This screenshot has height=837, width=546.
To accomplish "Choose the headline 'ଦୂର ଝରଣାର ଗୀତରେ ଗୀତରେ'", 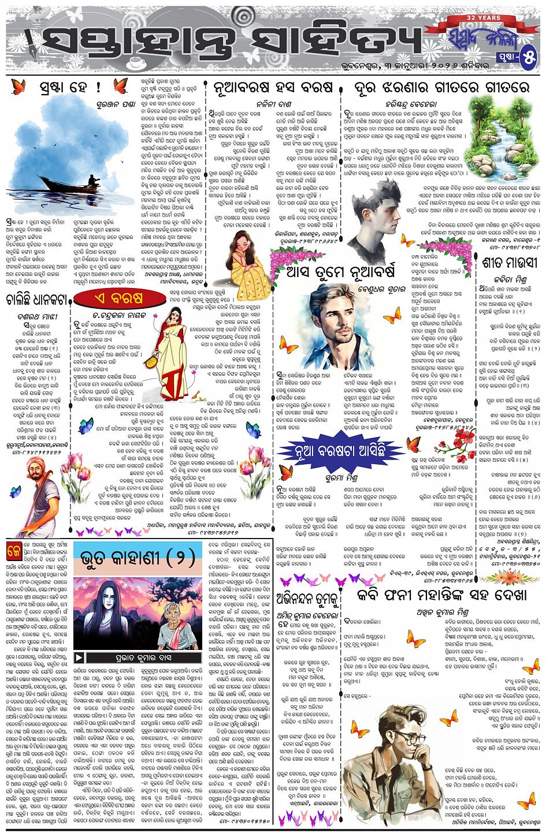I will pyautogui.click(x=441, y=87).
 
